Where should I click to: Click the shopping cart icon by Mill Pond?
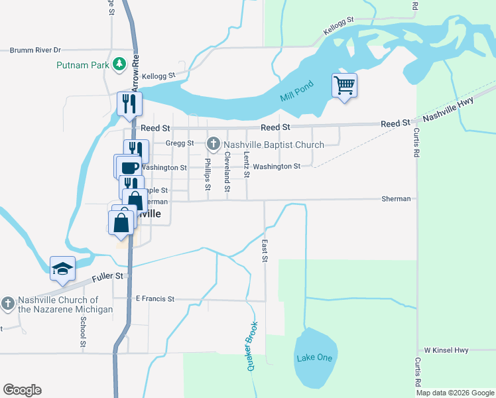click(x=344, y=85)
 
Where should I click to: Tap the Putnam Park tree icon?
click(x=119, y=64)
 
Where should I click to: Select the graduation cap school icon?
click(x=62, y=268)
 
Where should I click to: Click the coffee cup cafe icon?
click(x=130, y=166)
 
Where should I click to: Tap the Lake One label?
click(x=314, y=358)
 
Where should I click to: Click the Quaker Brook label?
click(x=252, y=346)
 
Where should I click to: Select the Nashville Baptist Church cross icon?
click(x=214, y=143)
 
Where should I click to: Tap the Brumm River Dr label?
click(x=34, y=50)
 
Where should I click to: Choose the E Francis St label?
click(x=155, y=299)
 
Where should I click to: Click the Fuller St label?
click(x=109, y=275)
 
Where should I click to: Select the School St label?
click(x=83, y=332)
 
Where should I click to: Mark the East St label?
click(x=265, y=251)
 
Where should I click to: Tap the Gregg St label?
click(x=180, y=143)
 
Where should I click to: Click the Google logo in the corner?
click(x=22, y=390)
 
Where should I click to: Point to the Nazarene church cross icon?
click(x=8, y=304)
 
